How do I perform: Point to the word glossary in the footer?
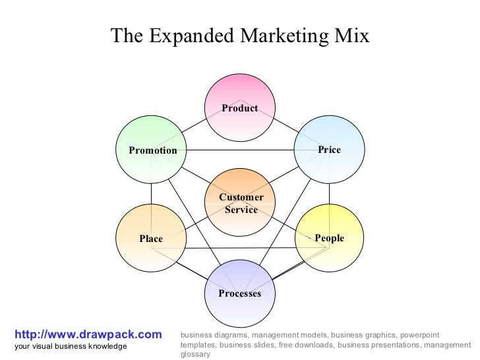[195, 354]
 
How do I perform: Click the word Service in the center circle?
[241, 210]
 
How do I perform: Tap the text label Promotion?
[153, 150]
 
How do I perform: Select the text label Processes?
[240, 293]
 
